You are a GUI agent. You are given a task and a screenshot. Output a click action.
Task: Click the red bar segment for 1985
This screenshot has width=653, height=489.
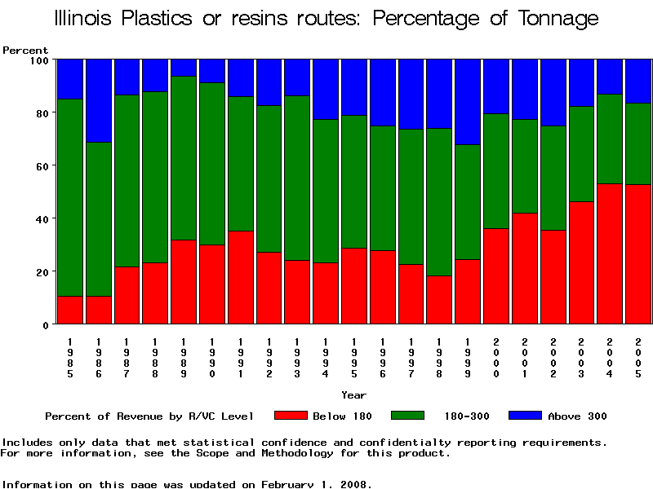click(x=69, y=310)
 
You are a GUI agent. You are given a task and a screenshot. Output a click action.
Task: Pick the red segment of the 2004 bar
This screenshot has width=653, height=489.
click(x=609, y=253)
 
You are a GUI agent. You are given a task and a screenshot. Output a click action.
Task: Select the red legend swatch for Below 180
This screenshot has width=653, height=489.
click(x=291, y=416)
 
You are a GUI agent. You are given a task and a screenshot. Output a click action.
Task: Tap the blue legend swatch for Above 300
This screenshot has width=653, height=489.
click(x=525, y=416)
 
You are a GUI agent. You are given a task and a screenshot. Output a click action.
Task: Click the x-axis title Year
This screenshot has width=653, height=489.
click(x=353, y=395)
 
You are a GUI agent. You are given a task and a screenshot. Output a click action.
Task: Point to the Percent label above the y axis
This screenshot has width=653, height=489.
click(x=25, y=50)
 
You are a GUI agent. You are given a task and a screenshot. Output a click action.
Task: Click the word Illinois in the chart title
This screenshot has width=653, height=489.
click(x=85, y=18)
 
